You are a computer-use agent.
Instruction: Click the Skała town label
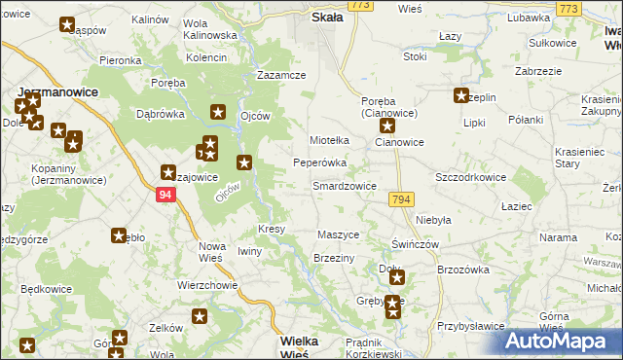pos(326,18)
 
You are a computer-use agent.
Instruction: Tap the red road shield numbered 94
pos(165,195)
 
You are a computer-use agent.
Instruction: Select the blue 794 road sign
pos(400,199)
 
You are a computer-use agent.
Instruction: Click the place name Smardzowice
pos(344,185)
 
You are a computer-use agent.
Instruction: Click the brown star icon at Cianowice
pos(386,126)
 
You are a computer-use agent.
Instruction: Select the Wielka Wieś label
pos(306,347)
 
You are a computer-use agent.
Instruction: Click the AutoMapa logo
pos(562,342)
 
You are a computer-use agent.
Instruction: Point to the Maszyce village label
pos(340,235)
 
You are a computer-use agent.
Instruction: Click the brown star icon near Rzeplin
pos(460,95)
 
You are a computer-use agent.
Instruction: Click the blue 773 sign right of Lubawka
pos(568,8)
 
